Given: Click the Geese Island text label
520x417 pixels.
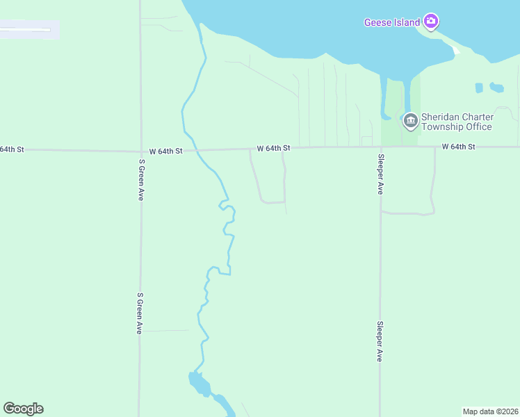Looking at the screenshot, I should coord(392,22).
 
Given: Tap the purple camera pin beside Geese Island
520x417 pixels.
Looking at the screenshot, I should coord(431,22).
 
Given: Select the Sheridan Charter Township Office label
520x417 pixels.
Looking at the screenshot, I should coord(457,122).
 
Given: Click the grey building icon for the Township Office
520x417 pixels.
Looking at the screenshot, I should coord(410,121).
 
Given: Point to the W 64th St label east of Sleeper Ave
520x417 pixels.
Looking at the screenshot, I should coord(458,147).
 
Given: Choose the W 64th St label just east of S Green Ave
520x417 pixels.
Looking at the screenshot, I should coord(165,151).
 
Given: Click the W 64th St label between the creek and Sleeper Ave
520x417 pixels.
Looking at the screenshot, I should coord(273,148).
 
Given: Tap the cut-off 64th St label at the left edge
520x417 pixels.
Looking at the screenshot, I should coord(12,149).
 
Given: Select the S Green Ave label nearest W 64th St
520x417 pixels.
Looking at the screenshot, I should coord(141,180).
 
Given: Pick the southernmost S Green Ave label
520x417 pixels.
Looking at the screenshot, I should coord(140,313).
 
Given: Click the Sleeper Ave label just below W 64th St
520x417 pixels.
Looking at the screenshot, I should coord(380,174).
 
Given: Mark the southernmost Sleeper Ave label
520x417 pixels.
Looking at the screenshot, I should coord(380,341).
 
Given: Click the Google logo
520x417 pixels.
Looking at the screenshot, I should coord(23,409).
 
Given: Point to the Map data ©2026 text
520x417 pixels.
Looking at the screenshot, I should coord(491,411).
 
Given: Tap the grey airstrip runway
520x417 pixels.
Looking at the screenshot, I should coord(26,30).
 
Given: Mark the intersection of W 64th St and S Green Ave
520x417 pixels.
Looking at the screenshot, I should coord(140,151).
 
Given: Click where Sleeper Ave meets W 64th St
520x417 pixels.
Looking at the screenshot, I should coord(380,147).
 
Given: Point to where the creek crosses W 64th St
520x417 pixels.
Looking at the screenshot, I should coord(196,150).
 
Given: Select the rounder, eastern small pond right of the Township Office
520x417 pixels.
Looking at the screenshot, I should coord(496,88).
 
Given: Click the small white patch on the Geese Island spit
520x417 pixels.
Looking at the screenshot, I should coord(455,50).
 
